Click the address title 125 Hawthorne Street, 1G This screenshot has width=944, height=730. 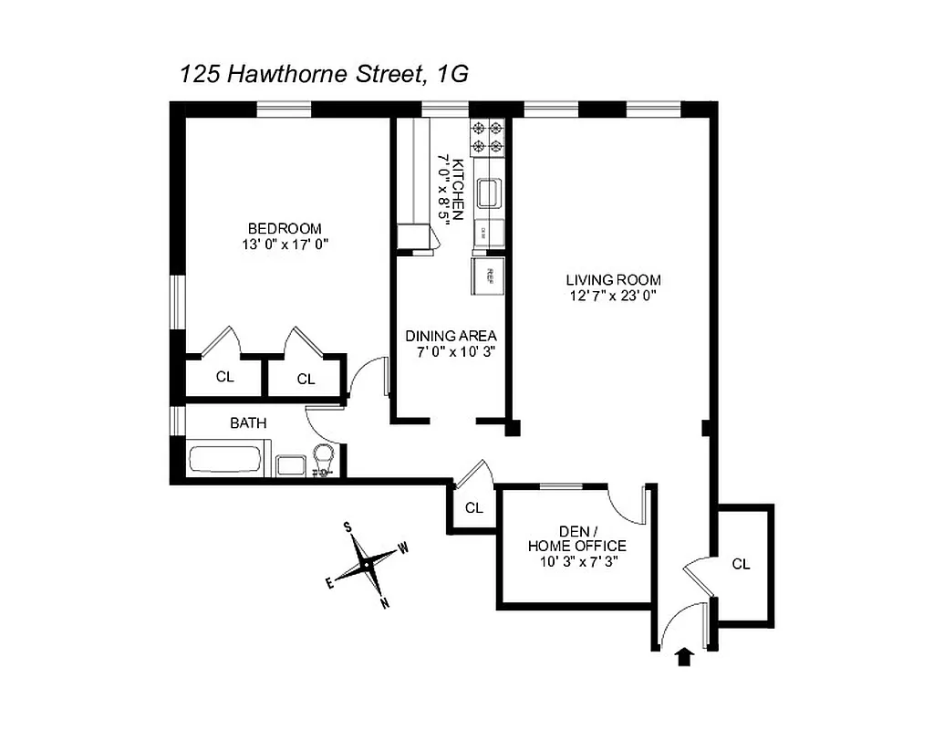pyautogui.click(x=324, y=75)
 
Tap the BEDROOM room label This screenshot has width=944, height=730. pyautogui.click(x=285, y=228)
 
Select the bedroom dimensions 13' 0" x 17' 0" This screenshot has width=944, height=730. pyautogui.click(x=285, y=244)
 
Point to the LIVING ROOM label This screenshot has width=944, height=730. pyautogui.click(x=613, y=280)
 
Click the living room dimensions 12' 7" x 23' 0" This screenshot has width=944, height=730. pyautogui.click(x=613, y=296)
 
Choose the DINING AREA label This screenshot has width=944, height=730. pyautogui.click(x=451, y=336)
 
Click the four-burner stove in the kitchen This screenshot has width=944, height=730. pyautogui.click(x=487, y=137)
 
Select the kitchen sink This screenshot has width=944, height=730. pyautogui.click(x=488, y=193)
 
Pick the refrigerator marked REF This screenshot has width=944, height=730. pyautogui.click(x=487, y=276)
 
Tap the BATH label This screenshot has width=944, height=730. pyautogui.click(x=248, y=423)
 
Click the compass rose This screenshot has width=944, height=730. pyautogui.click(x=367, y=566)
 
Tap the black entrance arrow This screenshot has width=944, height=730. pyautogui.click(x=683, y=657)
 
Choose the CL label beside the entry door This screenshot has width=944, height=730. pyautogui.click(x=741, y=564)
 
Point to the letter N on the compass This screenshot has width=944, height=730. pyautogui.click(x=386, y=602)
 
